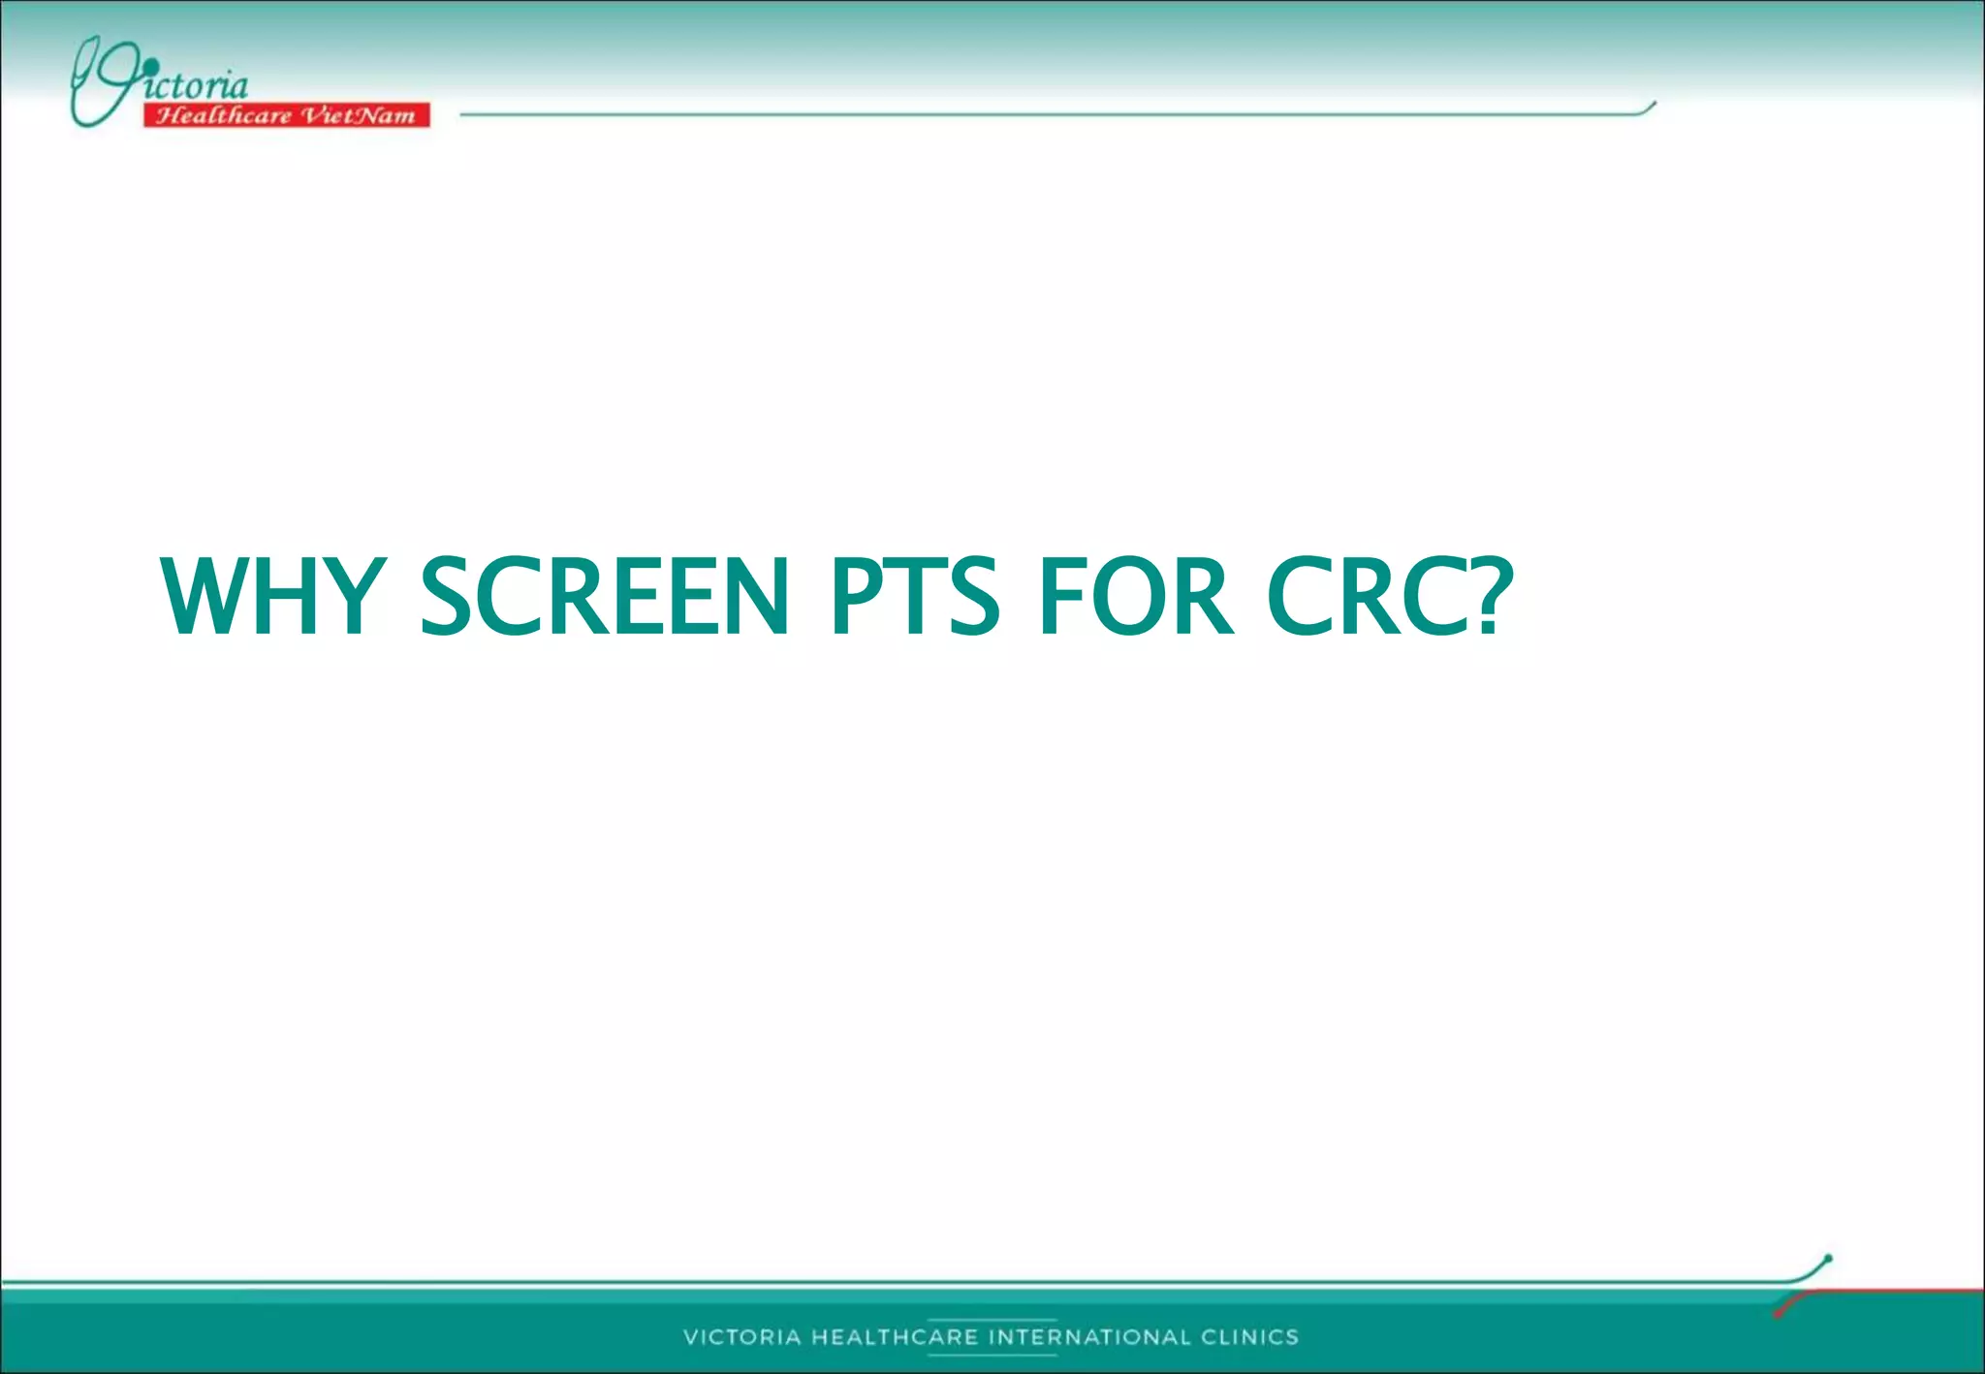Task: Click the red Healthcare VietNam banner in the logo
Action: pyautogui.click(x=286, y=115)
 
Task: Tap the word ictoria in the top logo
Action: pyautogui.click(x=199, y=85)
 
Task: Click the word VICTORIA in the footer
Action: pyautogui.click(x=742, y=1337)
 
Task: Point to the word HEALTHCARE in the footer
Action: pyautogui.click(x=895, y=1337)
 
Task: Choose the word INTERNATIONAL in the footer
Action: pyautogui.click(x=1089, y=1337)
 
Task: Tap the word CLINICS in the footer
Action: pyautogui.click(x=1249, y=1337)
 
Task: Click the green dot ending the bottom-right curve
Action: pyautogui.click(x=1828, y=1259)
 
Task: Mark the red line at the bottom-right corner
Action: pyautogui.click(x=1890, y=1292)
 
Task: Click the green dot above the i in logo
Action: pyautogui.click(x=150, y=66)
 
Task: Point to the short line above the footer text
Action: pyautogui.click(x=992, y=1320)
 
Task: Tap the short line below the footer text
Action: pyautogui.click(x=992, y=1355)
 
